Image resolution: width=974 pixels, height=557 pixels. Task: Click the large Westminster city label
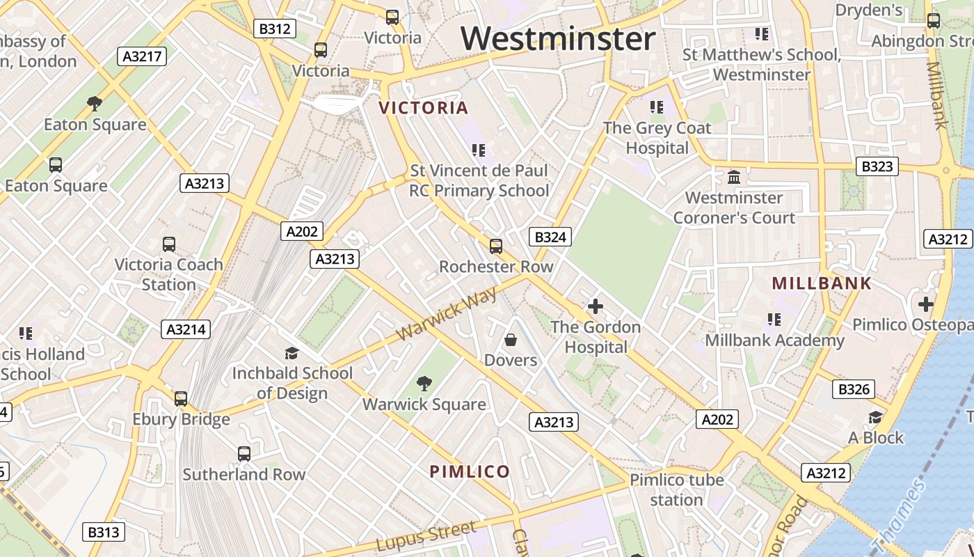558,39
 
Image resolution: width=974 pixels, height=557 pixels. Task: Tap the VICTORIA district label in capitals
424,108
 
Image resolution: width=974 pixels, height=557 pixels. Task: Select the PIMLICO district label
470,471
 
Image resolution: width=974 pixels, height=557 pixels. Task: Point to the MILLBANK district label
822,283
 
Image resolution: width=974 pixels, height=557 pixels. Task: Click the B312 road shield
275,29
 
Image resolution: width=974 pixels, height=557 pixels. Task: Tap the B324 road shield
550,237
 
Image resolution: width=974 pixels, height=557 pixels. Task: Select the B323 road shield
877,166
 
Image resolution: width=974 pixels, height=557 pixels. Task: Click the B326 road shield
854,389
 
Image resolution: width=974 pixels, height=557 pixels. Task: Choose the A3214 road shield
186,329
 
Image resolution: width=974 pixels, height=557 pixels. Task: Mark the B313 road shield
103,533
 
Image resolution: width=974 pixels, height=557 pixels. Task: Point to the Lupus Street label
426,536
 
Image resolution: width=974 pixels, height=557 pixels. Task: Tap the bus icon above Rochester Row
496,246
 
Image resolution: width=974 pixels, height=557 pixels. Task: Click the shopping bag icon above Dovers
511,340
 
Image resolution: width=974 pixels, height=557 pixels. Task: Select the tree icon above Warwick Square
424,383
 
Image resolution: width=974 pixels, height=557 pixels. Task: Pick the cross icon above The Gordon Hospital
595,306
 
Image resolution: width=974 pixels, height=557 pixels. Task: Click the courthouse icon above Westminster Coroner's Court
734,177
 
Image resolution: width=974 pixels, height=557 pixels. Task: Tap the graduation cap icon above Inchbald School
292,353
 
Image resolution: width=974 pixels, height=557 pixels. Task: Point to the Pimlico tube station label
676,489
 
